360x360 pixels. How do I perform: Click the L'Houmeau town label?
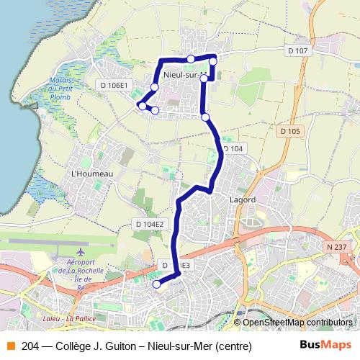(93, 174)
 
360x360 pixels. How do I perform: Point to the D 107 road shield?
(297, 51)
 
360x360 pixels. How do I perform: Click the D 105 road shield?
(290, 131)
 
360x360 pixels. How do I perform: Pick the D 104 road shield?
(233, 148)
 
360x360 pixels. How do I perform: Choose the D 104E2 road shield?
(149, 224)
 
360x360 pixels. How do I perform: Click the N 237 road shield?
(336, 247)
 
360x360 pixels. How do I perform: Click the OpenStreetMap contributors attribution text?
(297, 323)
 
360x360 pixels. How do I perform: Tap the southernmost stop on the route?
(156, 284)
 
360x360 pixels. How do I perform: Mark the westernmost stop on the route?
(142, 106)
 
